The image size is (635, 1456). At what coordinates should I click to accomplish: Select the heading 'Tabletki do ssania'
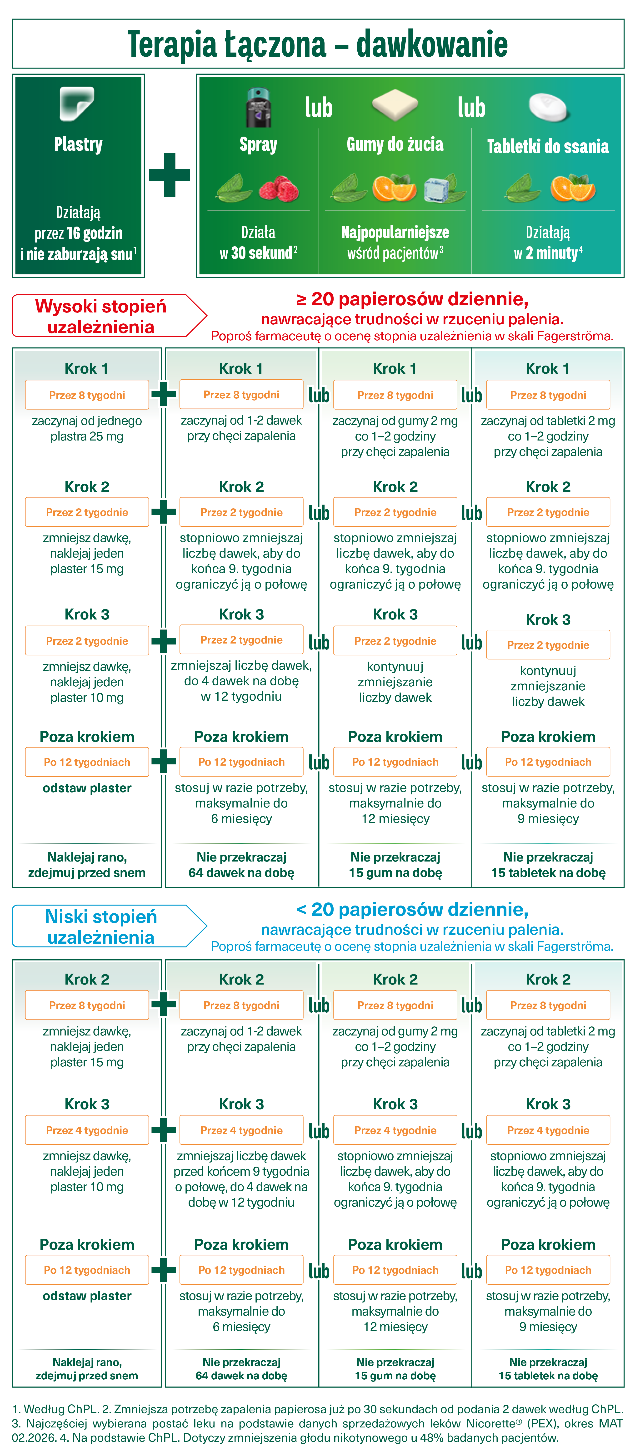[x=548, y=146]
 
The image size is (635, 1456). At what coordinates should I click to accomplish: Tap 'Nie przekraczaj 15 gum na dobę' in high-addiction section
[x=395, y=865]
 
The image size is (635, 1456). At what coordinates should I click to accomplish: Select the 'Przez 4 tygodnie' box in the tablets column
[x=548, y=1130]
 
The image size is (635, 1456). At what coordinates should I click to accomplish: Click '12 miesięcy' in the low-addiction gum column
[x=395, y=1327]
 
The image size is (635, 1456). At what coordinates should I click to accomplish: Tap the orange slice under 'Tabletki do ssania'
[x=573, y=188]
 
